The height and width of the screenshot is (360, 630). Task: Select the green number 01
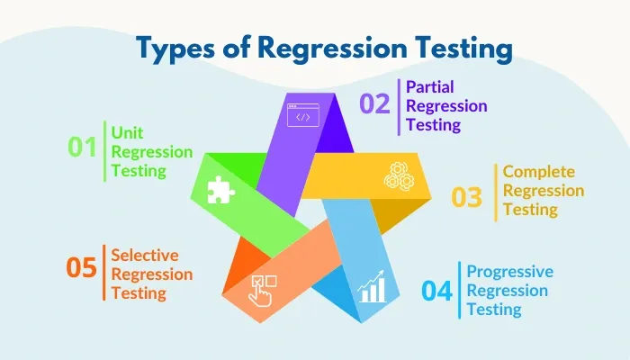pyautogui.click(x=82, y=147)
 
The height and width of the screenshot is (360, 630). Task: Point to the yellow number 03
pyautogui.click(x=467, y=196)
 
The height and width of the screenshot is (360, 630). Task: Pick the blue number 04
pyautogui.click(x=437, y=292)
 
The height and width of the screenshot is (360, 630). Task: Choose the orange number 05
pyautogui.click(x=82, y=267)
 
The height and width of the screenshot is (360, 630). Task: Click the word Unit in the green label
pyautogui.click(x=127, y=131)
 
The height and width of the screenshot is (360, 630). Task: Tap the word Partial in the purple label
pyautogui.click(x=429, y=87)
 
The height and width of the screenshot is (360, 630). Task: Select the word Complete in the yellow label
pyautogui.click(x=538, y=171)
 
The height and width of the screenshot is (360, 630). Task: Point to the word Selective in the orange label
pyautogui.click(x=145, y=255)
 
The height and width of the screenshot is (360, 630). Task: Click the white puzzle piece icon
pyautogui.click(x=219, y=189)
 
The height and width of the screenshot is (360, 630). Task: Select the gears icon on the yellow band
pyautogui.click(x=398, y=175)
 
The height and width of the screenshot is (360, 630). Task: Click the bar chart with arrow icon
pyautogui.click(x=371, y=288)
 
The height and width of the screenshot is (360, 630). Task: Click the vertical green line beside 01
pyautogui.click(x=104, y=150)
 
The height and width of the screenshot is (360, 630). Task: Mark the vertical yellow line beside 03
pyautogui.click(x=495, y=192)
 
